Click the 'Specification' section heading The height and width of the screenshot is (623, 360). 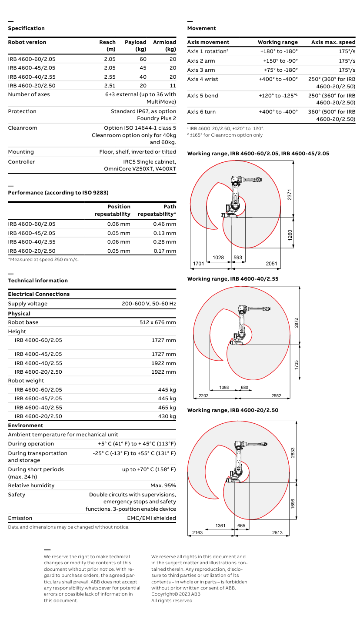click(x=26, y=28)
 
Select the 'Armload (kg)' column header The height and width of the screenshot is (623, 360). click(x=164, y=46)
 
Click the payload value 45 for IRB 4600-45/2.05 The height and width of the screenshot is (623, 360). click(x=143, y=68)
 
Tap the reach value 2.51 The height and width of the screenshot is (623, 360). click(x=110, y=85)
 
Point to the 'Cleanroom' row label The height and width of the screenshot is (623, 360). click(x=23, y=128)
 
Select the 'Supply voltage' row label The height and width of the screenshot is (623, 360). click(x=28, y=304)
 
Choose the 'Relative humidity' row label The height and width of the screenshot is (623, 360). click(x=31, y=486)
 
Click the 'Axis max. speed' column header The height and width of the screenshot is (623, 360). click(x=333, y=42)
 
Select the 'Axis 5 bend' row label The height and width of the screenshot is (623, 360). click(x=203, y=96)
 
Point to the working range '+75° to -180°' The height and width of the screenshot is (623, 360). click(x=280, y=70)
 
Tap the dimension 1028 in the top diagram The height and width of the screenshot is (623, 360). click(x=218, y=258)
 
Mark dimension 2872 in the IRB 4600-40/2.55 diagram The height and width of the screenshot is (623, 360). click(x=297, y=322)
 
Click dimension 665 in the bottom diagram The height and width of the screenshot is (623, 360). click(x=241, y=526)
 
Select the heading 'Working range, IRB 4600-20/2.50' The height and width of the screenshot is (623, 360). click(x=233, y=410)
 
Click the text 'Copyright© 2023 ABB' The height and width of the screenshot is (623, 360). click(x=176, y=594)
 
